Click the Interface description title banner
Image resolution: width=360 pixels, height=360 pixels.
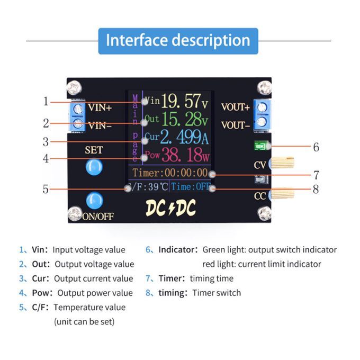(178, 41)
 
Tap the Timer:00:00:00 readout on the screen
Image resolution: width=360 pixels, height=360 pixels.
(170, 173)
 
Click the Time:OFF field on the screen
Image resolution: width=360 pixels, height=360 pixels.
(191, 187)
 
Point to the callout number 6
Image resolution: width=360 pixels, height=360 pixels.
(316, 147)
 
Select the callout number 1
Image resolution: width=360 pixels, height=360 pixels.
(46, 101)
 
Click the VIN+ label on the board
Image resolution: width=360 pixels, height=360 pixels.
(100, 108)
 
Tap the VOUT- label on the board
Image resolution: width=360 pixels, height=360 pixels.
(236, 125)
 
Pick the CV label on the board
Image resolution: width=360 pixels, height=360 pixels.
(260, 165)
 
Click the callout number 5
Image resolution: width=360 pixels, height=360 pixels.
(46, 188)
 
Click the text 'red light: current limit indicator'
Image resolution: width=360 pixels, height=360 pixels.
(262, 264)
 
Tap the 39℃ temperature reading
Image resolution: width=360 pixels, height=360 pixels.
(157, 187)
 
